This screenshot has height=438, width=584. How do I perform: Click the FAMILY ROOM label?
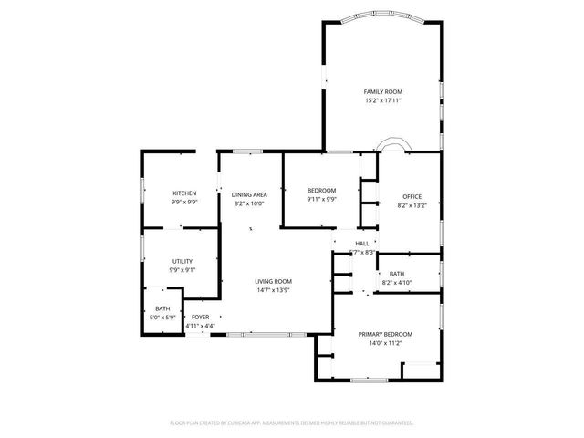tap(382, 92)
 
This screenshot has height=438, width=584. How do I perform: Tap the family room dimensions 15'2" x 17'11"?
tap(382, 100)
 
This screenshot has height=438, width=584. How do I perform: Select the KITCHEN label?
tap(184, 193)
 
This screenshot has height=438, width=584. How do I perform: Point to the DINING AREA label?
tap(248, 194)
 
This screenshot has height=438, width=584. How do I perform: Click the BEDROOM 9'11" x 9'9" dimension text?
tap(321, 199)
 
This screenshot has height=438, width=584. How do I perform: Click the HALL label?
tap(362, 244)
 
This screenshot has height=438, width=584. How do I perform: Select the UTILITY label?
tap(182, 261)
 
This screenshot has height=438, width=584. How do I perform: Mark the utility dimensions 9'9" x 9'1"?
tap(182, 270)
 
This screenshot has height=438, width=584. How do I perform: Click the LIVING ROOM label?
tap(273, 282)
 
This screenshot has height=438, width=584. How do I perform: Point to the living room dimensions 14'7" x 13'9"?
tap(273, 291)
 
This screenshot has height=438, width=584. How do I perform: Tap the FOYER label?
tap(200, 317)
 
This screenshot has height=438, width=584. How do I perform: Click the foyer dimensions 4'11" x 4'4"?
tap(200, 326)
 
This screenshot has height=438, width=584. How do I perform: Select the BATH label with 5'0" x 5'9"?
tap(162, 309)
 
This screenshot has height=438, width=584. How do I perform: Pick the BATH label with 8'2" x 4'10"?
tap(396, 274)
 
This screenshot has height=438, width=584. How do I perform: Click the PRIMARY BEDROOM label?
tap(384, 335)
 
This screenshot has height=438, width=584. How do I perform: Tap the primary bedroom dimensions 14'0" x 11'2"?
tap(384, 344)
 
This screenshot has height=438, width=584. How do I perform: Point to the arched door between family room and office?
tap(395, 145)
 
